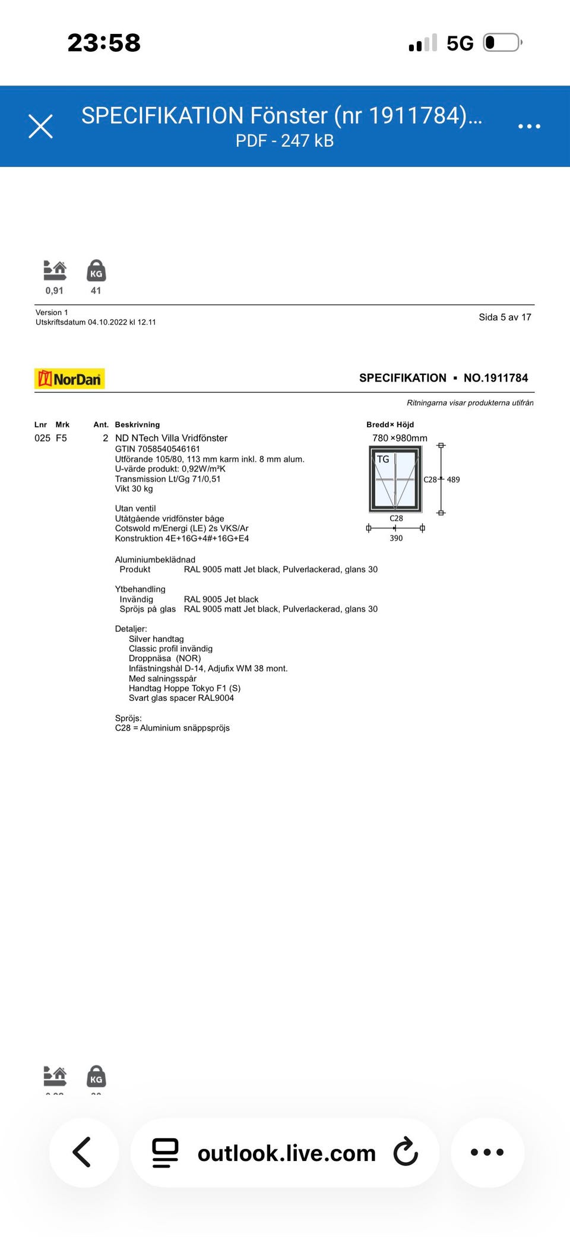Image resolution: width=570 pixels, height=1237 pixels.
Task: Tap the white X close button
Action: pos(41,126)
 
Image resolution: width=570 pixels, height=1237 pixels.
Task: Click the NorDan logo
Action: pos(69,379)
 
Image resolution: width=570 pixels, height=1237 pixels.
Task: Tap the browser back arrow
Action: pos(82,1152)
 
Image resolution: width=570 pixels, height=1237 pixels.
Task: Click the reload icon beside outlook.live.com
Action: pos(406,1152)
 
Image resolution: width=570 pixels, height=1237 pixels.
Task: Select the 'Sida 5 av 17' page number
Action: pos(505,317)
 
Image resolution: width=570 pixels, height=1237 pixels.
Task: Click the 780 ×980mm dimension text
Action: pos(400,438)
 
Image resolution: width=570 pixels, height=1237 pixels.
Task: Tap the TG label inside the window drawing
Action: pos(383,459)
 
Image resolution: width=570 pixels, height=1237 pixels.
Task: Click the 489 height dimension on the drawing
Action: pos(453,480)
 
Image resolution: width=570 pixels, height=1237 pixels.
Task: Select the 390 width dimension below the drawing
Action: pos(396,538)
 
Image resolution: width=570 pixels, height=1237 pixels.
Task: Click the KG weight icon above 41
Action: pos(96,271)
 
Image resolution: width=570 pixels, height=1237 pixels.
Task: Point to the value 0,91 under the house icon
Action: pos(54,291)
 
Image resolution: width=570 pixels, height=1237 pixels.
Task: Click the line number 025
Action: pos(42,438)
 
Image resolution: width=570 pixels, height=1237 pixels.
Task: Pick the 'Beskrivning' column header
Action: pos(137,424)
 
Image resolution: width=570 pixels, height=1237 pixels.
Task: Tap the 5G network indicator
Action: pos(460,43)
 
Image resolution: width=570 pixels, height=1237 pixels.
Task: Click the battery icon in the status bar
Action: pos(502,43)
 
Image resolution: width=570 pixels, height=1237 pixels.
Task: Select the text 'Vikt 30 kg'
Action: pos(134,489)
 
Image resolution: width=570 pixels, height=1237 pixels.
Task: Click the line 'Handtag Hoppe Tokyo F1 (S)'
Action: pos(185,688)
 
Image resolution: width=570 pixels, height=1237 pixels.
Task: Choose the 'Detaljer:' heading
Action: pos(131,629)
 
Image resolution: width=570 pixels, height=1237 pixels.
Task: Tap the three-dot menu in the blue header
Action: pos(529,126)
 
